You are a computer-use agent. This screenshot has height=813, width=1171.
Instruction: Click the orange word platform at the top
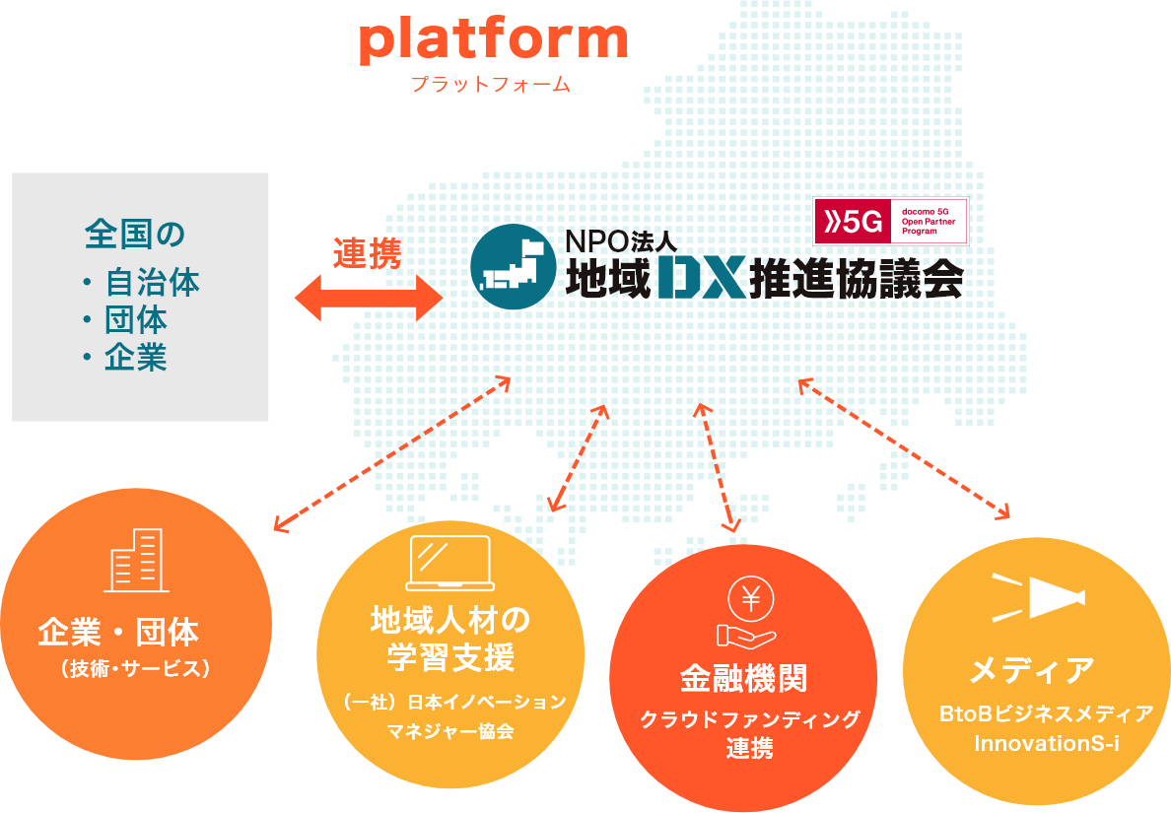[x=493, y=39]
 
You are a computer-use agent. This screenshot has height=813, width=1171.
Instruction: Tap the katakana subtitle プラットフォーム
[x=491, y=86]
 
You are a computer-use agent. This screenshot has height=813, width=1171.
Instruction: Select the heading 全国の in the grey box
[x=135, y=236]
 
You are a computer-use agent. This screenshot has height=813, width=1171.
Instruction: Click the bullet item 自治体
[x=152, y=283]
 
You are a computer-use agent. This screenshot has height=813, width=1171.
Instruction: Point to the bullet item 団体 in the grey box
[x=136, y=320]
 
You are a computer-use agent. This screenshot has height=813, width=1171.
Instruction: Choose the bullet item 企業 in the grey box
[x=136, y=358]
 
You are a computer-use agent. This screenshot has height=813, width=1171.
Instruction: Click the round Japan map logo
[x=514, y=267]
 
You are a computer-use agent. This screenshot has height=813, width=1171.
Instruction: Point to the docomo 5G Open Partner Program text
[x=929, y=222]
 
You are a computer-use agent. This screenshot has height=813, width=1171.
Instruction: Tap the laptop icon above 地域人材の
[x=449, y=563]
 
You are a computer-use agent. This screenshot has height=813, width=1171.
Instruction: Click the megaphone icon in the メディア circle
[x=1041, y=596]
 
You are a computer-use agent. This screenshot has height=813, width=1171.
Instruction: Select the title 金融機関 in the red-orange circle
[x=743, y=678]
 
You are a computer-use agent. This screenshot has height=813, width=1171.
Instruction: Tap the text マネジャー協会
[x=449, y=731]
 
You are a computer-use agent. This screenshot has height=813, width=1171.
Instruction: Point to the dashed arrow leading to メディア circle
[x=905, y=448]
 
